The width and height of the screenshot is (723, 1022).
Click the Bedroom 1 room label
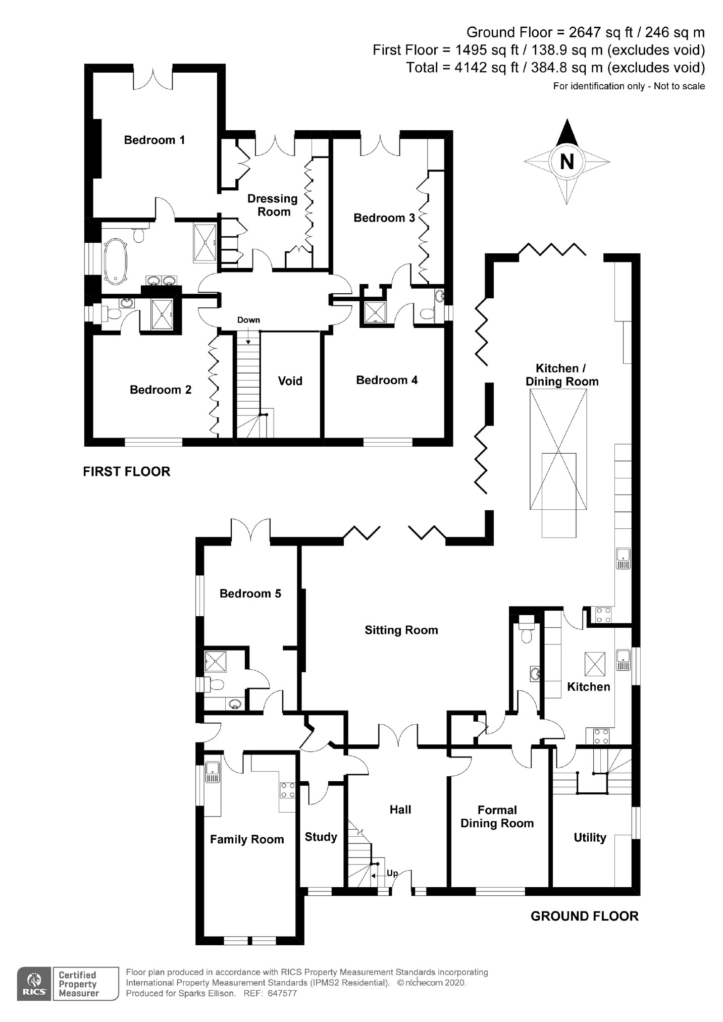click(x=154, y=140)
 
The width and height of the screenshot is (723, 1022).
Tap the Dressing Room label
click(x=273, y=205)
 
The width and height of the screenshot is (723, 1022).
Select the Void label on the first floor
click(x=290, y=381)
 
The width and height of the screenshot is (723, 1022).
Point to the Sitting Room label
click(x=401, y=630)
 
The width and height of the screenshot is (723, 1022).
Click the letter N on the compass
click(x=567, y=162)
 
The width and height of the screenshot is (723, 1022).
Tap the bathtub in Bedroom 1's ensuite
click(x=115, y=259)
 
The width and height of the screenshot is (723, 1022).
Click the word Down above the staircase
click(x=248, y=320)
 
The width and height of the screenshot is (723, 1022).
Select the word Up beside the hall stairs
click(x=392, y=873)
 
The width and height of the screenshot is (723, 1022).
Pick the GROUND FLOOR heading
click(x=584, y=916)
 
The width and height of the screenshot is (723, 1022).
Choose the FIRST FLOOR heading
click(x=127, y=471)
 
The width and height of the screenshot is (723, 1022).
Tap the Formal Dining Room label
click(x=497, y=817)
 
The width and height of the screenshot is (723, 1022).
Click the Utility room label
click(x=590, y=838)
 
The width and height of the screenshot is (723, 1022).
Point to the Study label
click(x=321, y=837)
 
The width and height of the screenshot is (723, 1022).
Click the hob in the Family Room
click(x=288, y=790)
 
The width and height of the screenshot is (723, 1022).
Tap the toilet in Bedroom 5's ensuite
click(x=216, y=685)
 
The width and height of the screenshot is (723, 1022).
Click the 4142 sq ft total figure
click(x=487, y=68)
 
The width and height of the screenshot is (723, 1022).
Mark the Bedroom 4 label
click(x=387, y=380)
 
